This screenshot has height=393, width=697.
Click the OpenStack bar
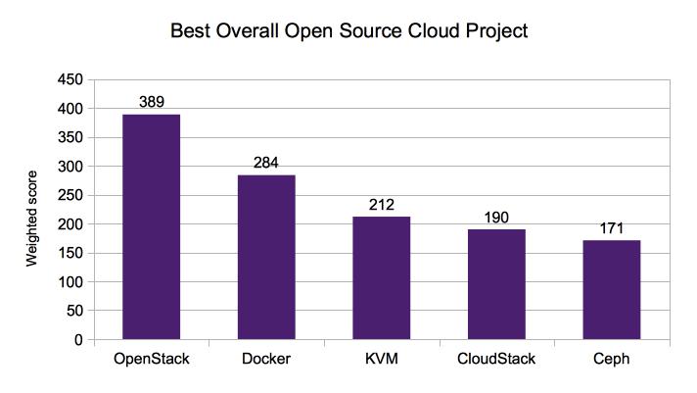151,227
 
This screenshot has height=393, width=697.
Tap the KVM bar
382,278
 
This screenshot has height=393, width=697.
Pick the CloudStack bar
496,284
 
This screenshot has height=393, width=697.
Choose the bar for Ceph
612,290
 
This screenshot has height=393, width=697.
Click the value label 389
151,102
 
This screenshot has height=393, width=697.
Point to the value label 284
266,163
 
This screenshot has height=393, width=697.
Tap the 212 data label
382,204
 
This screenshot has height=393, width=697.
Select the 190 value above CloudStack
496,217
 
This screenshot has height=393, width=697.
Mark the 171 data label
612,227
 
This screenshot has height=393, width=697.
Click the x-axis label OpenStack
151,360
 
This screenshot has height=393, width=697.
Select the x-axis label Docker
266,360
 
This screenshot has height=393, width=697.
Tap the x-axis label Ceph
612,360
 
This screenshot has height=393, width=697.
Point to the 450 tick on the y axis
70,79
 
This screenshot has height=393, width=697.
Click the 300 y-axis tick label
70,167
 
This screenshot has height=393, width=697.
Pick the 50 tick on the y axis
74,312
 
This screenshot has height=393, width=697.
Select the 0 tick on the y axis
78,340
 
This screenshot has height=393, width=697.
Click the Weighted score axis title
30,210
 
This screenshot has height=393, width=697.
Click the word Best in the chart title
191,31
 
